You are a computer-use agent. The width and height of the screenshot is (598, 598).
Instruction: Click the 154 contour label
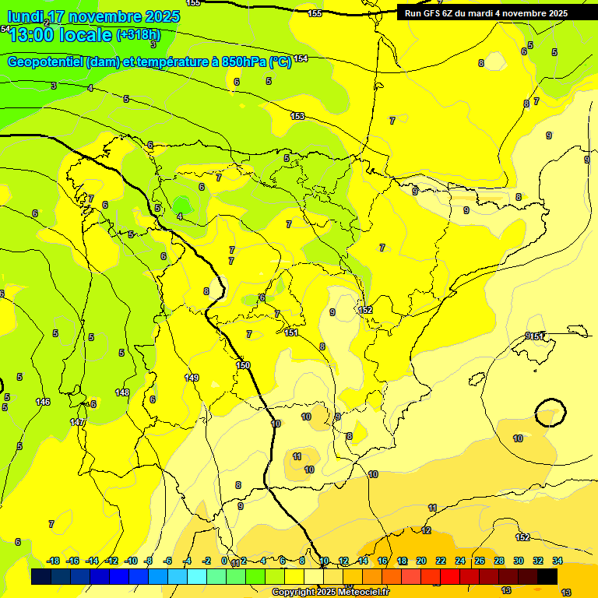[301, 58]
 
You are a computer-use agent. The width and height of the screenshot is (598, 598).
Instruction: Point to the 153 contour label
[297, 116]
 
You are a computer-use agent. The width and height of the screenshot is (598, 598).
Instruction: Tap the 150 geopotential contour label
[243, 365]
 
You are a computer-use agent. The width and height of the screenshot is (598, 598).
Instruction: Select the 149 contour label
[192, 378]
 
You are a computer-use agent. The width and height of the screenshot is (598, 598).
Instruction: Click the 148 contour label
[122, 392]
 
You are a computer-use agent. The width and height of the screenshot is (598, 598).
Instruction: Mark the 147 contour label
[77, 422]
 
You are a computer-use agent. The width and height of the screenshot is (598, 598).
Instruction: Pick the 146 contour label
[43, 402]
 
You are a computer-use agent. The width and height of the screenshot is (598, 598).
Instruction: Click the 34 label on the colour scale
[558, 561]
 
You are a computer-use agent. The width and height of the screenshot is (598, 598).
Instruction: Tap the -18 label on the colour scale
[54, 561]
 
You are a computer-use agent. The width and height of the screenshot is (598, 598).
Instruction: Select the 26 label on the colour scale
[480, 561]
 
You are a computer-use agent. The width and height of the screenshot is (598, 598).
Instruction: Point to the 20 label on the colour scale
[421, 561]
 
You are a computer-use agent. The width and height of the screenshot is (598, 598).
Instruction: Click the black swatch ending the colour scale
[547, 576]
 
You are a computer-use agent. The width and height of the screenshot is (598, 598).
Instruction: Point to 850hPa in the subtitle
[242, 62]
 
